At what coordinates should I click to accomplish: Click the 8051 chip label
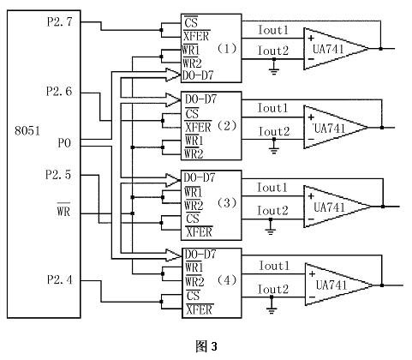pyautogui.click(x=27, y=130)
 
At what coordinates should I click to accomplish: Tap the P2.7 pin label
pyautogui.click(x=60, y=21)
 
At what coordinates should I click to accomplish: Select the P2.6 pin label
pyautogui.click(x=59, y=92)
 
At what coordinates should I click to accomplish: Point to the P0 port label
pyautogui.click(x=64, y=143)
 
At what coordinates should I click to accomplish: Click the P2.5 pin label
pyautogui.click(x=58, y=175)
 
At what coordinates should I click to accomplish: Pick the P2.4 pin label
pyautogui.click(x=60, y=279)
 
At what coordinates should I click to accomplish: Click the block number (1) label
pyautogui.click(x=227, y=48)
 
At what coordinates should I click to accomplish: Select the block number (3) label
pyautogui.click(x=227, y=202)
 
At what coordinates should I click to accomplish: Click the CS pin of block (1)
pyautogui.click(x=191, y=21)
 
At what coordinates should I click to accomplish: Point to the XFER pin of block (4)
pyautogui.click(x=200, y=309)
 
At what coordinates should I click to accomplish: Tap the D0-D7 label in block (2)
pyautogui.click(x=200, y=99)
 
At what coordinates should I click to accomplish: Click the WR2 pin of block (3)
pyautogui.click(x=194, y=205)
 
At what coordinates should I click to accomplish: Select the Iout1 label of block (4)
pyautogui.click(x=274, y=266)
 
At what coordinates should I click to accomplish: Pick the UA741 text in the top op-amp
pyautogui.click(x=328, y=49)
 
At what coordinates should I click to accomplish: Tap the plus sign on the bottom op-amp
pyautogui.click(x=312, y=274)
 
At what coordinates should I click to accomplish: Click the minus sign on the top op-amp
pyautogui.click(x=311, y=59)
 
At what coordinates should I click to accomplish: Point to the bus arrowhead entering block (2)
pyautogui.click(x=173, y=99)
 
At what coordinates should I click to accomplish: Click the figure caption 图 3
pyautogui.click(x=206, y=346)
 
